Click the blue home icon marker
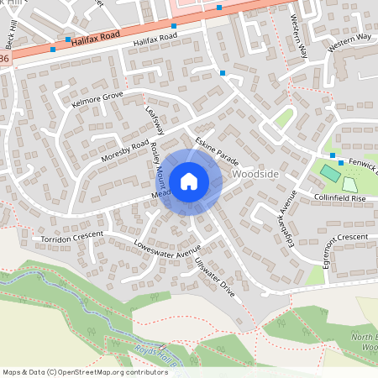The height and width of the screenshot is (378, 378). [189, 181]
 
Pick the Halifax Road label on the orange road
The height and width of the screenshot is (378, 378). [92, 39]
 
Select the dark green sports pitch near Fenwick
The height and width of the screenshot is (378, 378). [330, 174]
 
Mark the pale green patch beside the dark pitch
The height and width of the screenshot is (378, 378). [349, 183]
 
